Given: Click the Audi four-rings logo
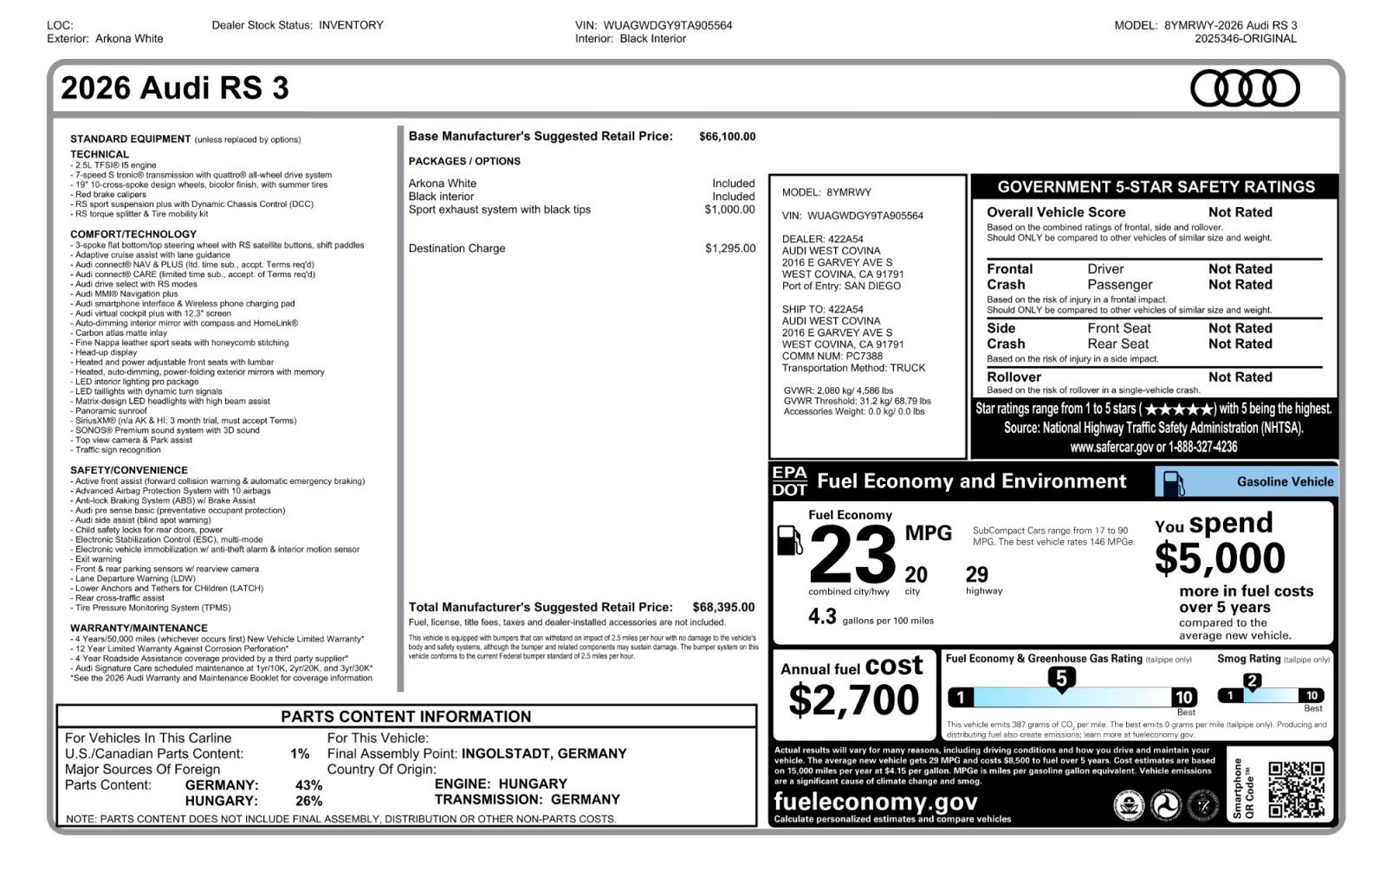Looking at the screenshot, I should (x=1245, y=88).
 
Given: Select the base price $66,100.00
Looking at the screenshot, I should (x=727, y=137).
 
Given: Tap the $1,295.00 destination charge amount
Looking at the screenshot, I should (x=730, y=248).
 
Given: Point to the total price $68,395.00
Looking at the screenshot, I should (x=723, y=608).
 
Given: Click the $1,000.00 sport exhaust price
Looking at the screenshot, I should (x=729, y=209).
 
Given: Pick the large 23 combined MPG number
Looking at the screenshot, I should (x=852, y=556).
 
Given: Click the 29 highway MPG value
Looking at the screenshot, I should (x=976, y=575).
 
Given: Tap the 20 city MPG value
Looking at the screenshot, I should (x=916, y=575).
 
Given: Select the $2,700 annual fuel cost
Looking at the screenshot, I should (x=853, y=699).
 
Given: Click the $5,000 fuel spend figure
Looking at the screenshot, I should (x=1220, y=558).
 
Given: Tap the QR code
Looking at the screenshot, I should (x=1296, y=790).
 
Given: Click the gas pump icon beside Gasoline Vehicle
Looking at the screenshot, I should (x=1173, y=482).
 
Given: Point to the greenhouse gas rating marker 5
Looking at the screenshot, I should (x=1061, y=680).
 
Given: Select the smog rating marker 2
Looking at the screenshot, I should (x=1252, y=682).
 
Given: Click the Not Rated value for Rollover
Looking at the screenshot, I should (x=1240, y=377).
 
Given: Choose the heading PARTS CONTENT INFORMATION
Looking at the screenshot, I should (x=405, y=717).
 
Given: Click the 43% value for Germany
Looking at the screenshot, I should (x=308, y=785).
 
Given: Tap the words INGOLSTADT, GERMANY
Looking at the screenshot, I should (x=543, y=754).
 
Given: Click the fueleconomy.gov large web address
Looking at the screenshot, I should (x=876, y=802).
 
